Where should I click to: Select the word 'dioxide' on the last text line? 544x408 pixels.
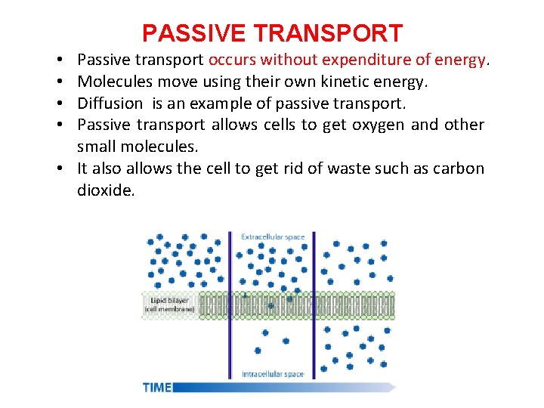pyautogui.click(x=105, y=190)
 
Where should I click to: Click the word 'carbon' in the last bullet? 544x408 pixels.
pyautogui.click(x=457, y=168)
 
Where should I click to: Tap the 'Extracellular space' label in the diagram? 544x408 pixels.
pyautogui.click(x=273, y=237)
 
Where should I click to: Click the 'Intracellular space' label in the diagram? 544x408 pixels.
pyautogui.click(x=273, y=374)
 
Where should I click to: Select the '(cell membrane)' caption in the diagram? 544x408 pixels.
pyautogui.click(x=170, y=309)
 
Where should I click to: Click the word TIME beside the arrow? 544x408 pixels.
pyautogui.click(x=157, y=388)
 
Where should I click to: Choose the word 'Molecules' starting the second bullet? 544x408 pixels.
pyautogui.click(x=111, y=82)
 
